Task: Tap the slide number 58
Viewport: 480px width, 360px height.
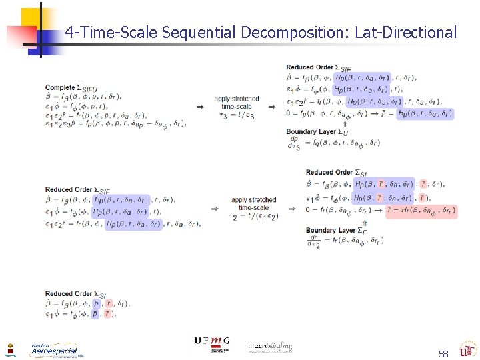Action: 443,353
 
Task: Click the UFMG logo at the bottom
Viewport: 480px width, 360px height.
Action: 212,341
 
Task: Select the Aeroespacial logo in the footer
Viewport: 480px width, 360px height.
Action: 53,350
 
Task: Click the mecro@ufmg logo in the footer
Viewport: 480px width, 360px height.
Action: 270,347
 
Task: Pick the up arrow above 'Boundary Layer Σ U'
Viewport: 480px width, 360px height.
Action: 326,123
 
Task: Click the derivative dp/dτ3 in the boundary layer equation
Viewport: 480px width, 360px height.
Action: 294,143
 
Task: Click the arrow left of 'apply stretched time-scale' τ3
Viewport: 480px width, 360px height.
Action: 199,107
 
